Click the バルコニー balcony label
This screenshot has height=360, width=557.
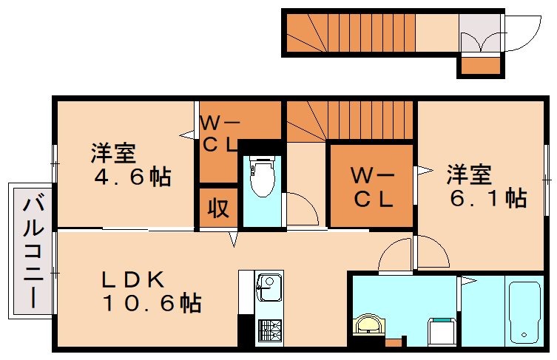click(32, 251)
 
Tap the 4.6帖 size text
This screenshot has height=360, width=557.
click(132, 177)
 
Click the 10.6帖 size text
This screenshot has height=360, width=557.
click(151, 302)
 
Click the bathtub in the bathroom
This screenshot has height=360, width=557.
click(526, 310)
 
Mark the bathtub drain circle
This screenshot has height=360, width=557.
click(527, 336)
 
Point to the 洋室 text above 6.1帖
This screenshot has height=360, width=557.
click(468, 175)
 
